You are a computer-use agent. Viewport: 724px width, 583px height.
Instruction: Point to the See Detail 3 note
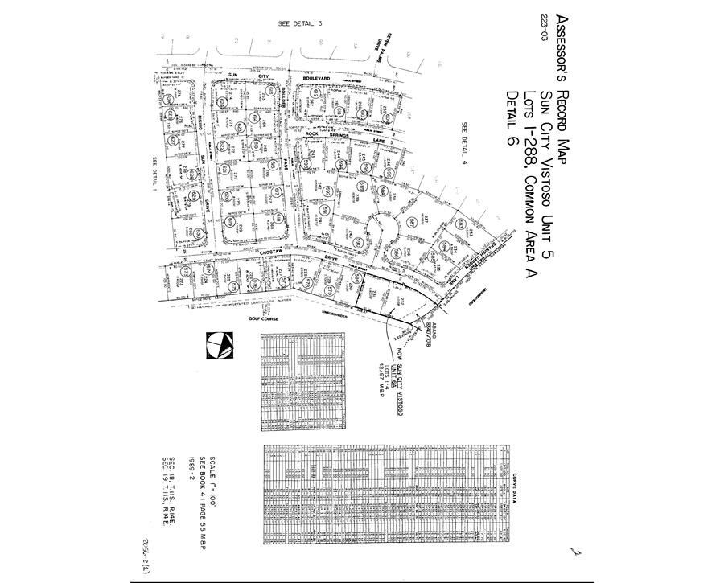[x=299, y=23]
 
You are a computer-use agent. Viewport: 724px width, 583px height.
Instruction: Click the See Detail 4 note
[x=464, y=146]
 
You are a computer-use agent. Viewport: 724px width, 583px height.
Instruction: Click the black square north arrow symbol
[x=218, y=346]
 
